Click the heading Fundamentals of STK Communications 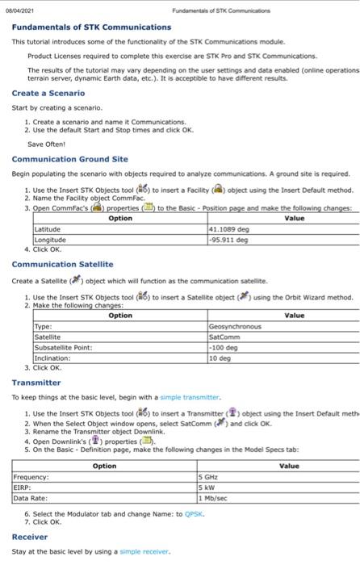pos(91,27)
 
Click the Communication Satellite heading pos(62,264)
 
